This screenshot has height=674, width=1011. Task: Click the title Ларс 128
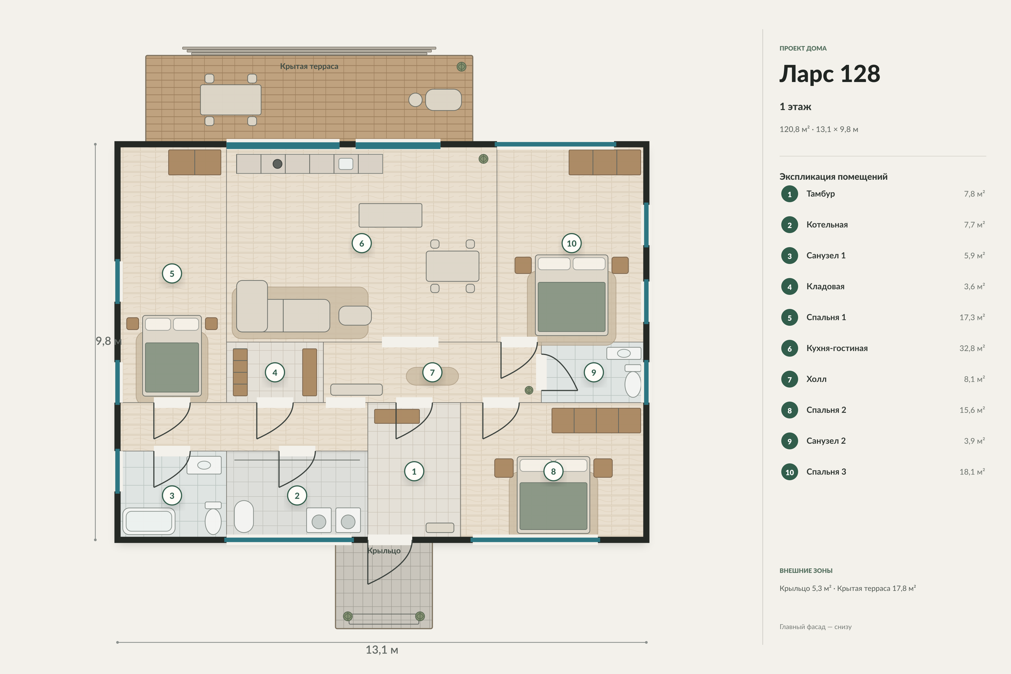[x=830, y=74]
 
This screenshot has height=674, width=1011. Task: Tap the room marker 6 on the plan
[x=361, y=243]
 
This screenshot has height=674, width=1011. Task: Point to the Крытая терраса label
[x=309, y=66]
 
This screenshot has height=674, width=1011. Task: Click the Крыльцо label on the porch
[x=384, y=551]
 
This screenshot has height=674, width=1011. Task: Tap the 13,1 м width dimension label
[x=382, y=650]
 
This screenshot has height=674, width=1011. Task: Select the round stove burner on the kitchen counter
[x=278, y=164]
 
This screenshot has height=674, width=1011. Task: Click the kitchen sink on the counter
[x=346, y=164]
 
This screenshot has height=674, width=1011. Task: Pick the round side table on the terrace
[x=415, y=100]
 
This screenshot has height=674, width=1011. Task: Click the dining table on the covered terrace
[x=231, y=100]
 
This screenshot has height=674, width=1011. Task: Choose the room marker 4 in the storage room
[x=275, y=372]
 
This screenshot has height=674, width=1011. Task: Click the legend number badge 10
[x=790, y=472]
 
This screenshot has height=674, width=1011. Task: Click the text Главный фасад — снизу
[x=816, y=627]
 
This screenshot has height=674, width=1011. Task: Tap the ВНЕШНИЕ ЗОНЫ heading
[x=806, y=571]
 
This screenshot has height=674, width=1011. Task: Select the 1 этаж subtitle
[x=796, y=107]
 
